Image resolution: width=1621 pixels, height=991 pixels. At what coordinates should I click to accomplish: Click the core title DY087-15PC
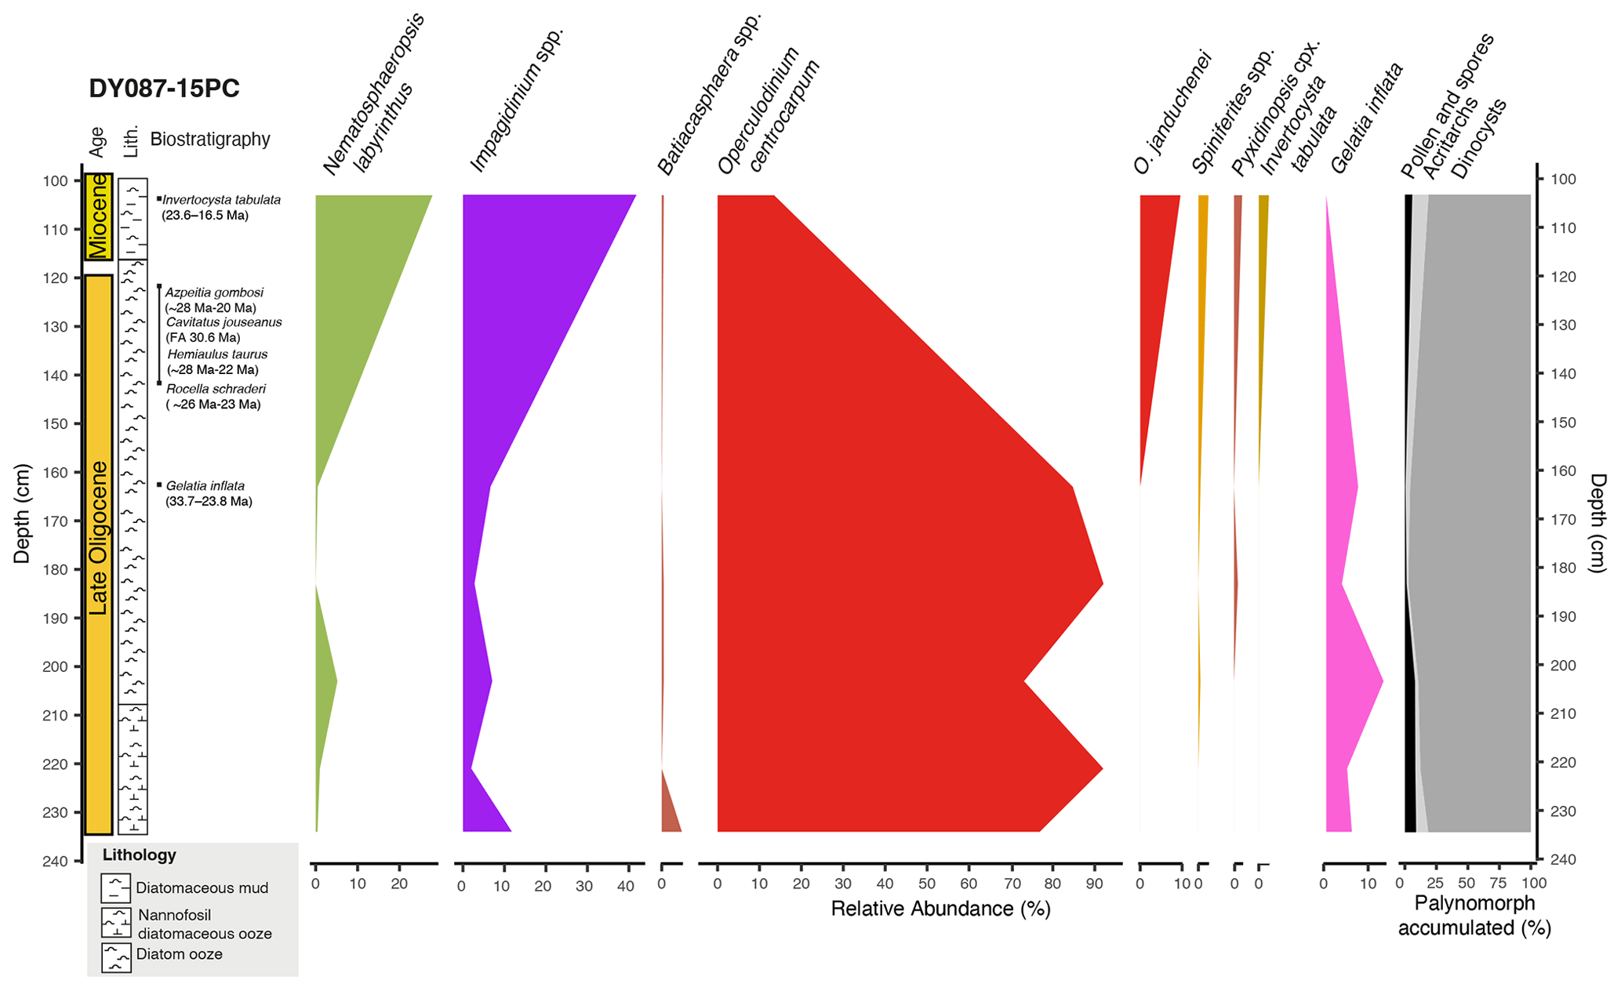(x=164, y=89)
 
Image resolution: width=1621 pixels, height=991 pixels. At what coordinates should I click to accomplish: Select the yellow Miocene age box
(x=99, y=216)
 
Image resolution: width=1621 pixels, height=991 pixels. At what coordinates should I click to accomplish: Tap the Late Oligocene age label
(x=98, y=538)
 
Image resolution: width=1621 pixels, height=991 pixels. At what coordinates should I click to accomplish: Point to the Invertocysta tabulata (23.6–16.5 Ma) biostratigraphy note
(x=220, y=208)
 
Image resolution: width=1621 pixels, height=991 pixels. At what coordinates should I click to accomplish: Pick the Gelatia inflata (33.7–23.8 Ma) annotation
(x=208, y=494)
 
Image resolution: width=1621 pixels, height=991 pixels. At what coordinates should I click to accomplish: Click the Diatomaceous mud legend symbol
(x=115, y=888)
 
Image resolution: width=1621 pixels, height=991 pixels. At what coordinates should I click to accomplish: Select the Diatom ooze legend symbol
(x=116, y=957)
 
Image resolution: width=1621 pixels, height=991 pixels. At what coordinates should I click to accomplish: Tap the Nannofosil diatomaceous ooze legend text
(x=204, y=924)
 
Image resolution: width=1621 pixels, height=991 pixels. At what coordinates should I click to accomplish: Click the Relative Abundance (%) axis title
(x=940, y=909)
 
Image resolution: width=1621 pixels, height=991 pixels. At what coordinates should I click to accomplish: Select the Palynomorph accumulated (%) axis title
(x=1474, y=916)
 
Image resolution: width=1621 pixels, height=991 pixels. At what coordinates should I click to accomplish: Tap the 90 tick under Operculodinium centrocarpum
(x=1093, y=884)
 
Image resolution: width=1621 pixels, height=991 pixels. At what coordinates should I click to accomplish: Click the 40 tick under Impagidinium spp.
(x=625, y=887)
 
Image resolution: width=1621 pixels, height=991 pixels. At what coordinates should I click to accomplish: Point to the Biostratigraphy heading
(x=209, y=140)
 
